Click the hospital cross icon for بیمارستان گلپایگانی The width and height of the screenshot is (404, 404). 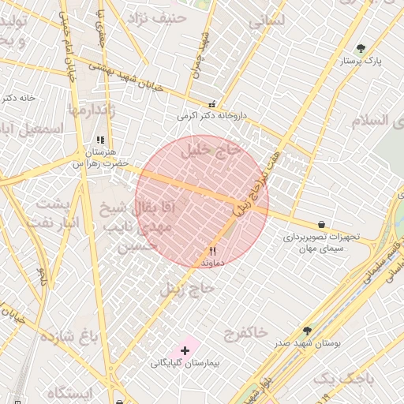[185, 350]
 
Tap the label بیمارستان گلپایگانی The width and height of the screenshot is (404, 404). [185, 364]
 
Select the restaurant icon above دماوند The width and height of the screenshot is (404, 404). [213, 250]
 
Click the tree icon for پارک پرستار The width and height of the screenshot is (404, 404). [361, 49]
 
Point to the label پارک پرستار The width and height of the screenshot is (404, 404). [361, 61]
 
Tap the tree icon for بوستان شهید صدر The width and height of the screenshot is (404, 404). [307, 331]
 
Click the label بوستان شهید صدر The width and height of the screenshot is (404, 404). [303, 345]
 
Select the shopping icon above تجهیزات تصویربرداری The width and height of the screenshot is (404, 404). [320, 225]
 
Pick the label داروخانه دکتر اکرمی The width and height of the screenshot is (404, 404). [211, 116]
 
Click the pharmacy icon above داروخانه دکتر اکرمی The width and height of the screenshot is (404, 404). [211, 104]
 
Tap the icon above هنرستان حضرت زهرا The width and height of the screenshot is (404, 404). [100, 140]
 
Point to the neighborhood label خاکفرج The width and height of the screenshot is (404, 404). [245, 332]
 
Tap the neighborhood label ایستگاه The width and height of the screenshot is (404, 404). [69, 392]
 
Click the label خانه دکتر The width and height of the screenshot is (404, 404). [18, 98]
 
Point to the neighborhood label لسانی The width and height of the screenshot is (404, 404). [267, 23]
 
